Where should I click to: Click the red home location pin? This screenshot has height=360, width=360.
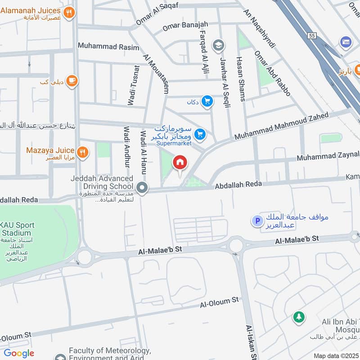point(180,163)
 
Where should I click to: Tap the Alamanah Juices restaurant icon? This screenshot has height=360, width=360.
point(69,13)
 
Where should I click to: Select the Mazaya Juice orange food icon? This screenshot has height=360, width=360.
point(82,152)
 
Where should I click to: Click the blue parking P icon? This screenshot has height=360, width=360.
point(257,221)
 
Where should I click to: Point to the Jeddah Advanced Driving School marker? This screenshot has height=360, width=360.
point(142,188)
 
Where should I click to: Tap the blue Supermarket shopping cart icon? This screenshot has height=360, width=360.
point(201,134)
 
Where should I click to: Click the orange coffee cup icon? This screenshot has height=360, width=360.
point(71,81)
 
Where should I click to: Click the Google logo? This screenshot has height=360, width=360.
point(19,353)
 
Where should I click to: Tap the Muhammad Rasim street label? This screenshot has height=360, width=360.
point(103,46)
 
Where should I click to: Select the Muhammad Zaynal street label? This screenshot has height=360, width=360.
point(328,156)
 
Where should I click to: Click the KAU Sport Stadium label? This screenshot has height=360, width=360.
point(17,229)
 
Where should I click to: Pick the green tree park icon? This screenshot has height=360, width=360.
point(298,317)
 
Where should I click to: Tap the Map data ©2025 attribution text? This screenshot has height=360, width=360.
point(335,356)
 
